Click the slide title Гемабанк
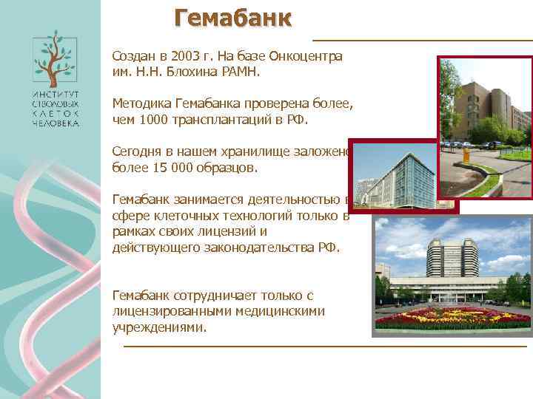click(x=233, y=17)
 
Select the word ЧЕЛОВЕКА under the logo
click(x=54, y=124)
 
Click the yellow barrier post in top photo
click(x=466, y=156)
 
